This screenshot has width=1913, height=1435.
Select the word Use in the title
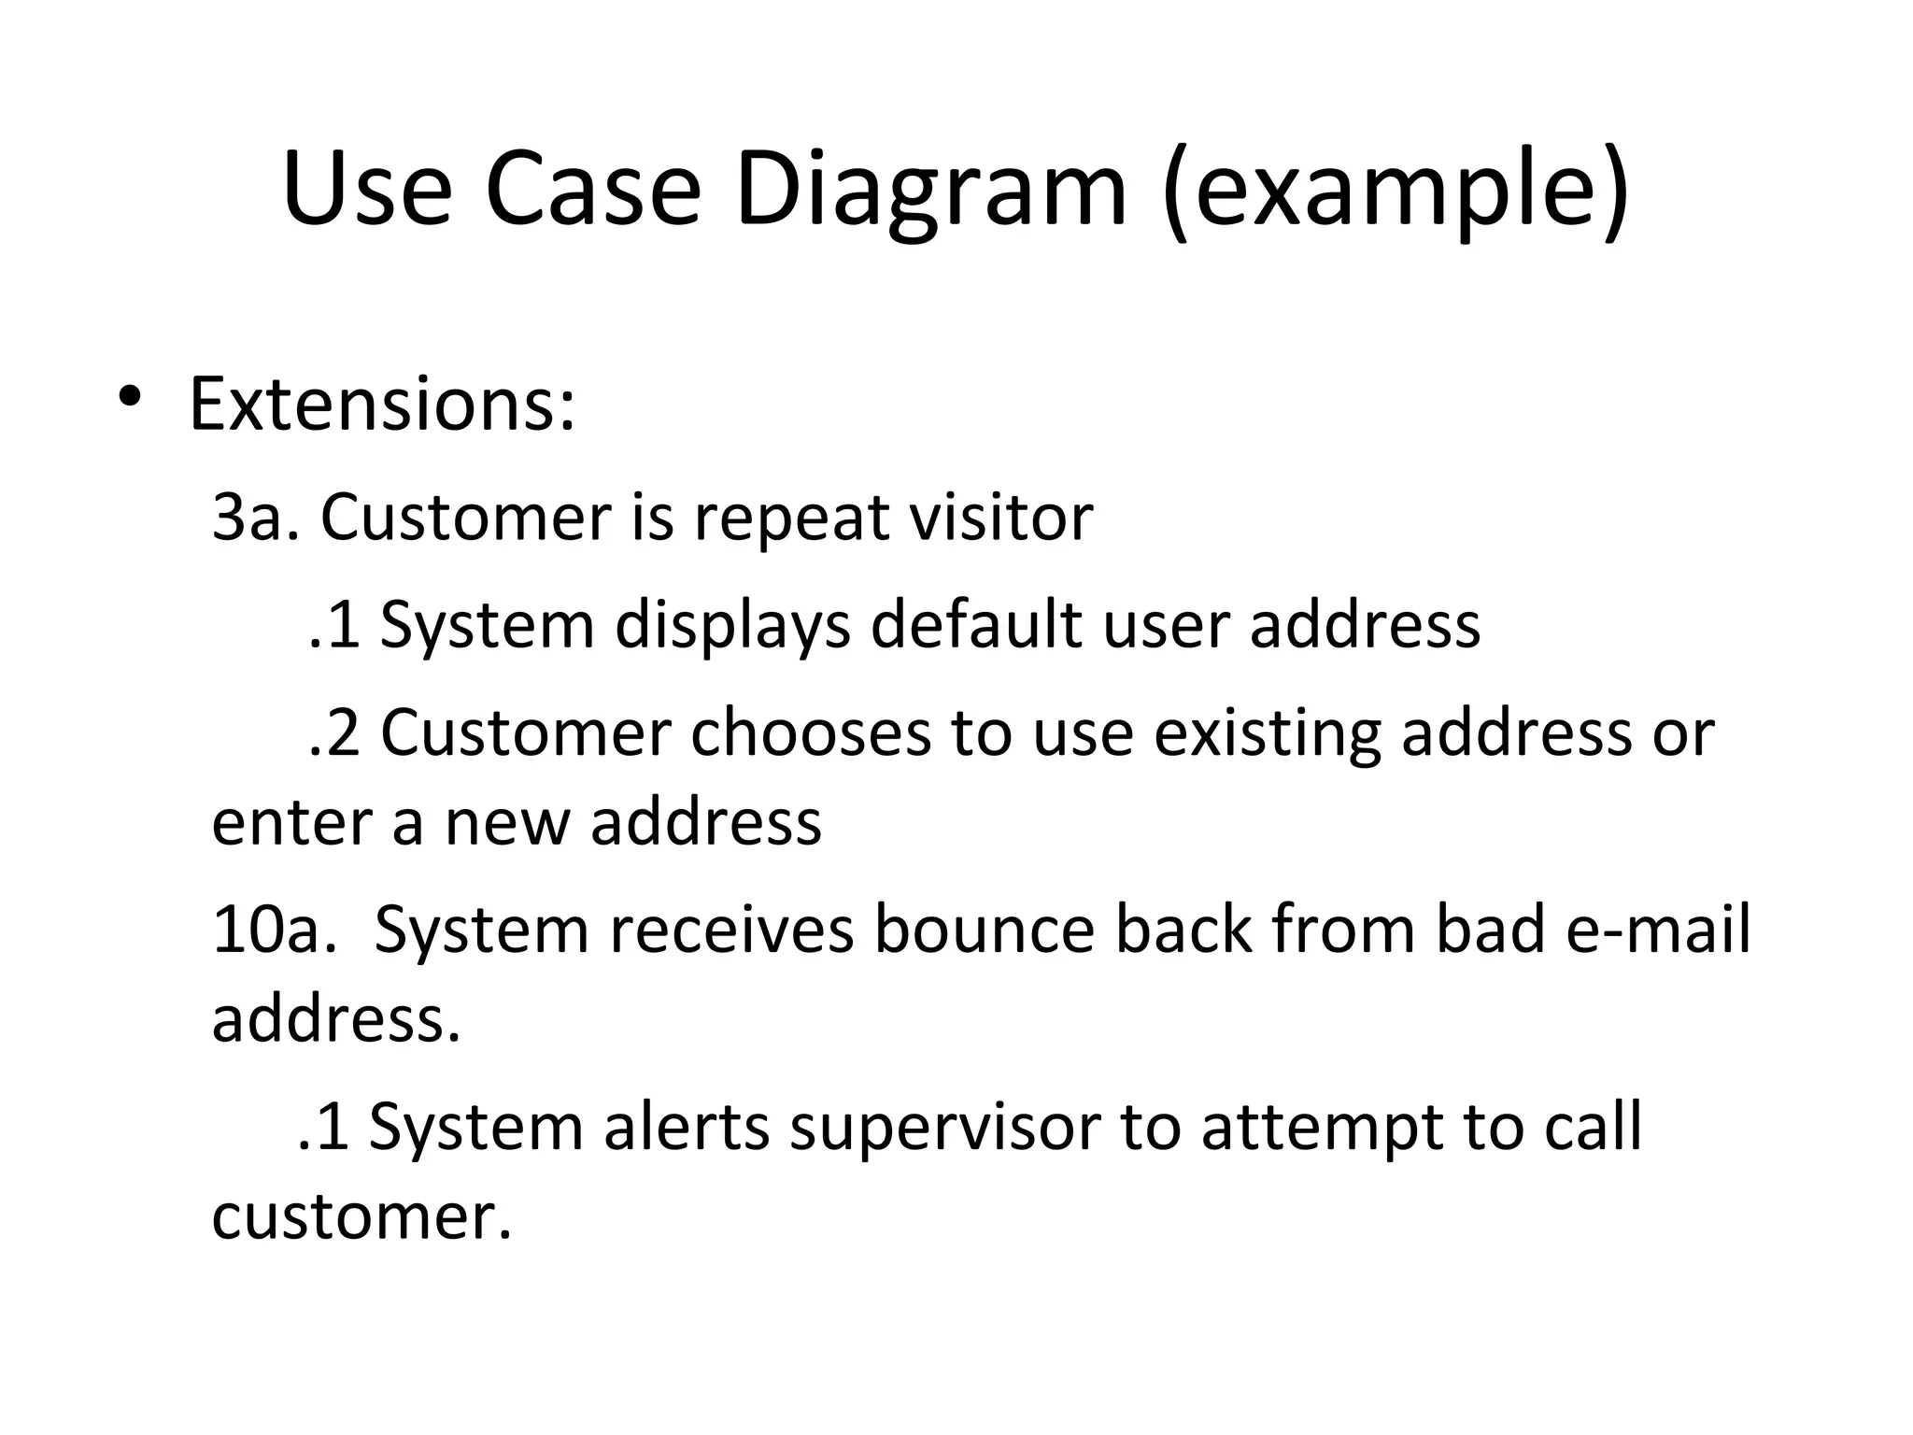[367, 192]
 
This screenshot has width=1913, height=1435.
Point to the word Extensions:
[382, 405]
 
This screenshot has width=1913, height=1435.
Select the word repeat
[792, 519]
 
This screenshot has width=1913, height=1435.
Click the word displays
[732, 626]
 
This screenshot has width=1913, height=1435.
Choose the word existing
[1267, 734]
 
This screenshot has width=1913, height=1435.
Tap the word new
[505, 823]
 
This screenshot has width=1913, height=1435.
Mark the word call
[1593, 1127]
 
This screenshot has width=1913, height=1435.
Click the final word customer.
[361, 1217]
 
